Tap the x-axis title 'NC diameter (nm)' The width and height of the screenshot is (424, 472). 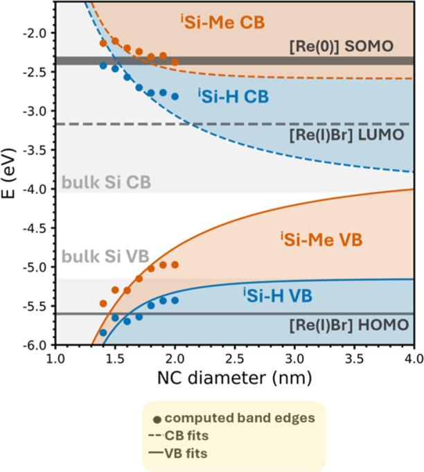[x=234, y=379]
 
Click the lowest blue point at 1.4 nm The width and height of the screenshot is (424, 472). [x=103, y=333]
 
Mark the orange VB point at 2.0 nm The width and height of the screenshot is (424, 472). [x=175, y=265]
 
